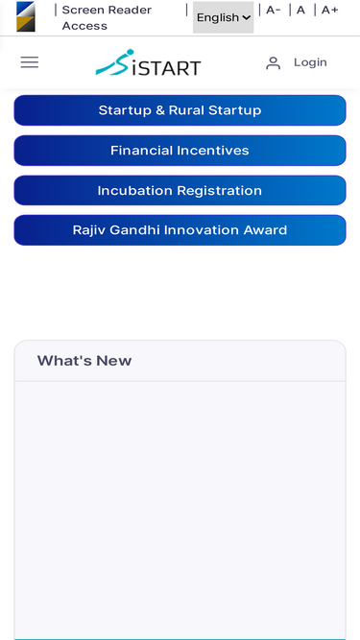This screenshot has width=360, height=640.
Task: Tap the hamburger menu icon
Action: click(30, 62)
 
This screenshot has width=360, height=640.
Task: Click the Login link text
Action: click(310, 62)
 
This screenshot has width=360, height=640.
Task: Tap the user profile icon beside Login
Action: click(273, 63)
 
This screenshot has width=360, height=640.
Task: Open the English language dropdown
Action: click(224, 17)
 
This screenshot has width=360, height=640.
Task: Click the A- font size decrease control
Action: click(273, 11)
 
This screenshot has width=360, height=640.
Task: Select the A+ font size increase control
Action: click(330, 11)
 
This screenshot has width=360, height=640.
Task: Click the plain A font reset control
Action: click(300, 11)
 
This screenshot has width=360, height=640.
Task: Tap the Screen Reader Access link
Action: click(107, 18)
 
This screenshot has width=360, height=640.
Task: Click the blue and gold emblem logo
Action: click(26, 16)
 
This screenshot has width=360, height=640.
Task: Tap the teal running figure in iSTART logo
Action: click(114, 63)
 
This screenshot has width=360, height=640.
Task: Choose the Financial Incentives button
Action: click(180, 151)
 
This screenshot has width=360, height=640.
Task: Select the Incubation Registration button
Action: click(180, 191)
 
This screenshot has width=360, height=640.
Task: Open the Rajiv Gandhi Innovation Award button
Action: click(180, 230)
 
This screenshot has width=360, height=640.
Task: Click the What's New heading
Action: click(84, 361)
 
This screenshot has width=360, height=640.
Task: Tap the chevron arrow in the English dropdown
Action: click(246, 17)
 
